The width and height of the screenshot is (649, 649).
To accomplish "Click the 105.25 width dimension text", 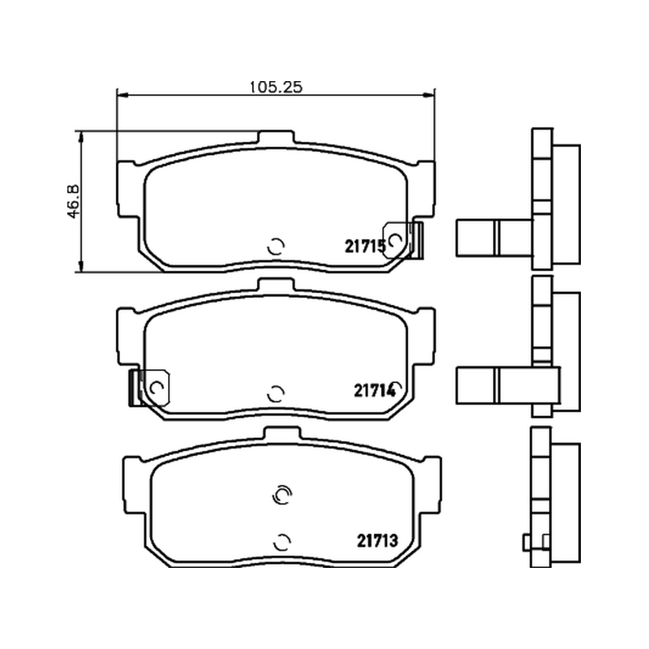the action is [276, 87].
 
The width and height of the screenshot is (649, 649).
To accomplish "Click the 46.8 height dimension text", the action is [73, 201].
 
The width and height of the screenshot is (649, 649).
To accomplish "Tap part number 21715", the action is [366, 247].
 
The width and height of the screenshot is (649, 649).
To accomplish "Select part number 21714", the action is [375, 390].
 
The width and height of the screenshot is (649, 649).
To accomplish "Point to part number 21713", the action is [377, 540].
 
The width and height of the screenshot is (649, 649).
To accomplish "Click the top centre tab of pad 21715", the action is [276, 138].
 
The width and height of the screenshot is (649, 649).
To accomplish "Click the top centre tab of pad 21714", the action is [276, 285].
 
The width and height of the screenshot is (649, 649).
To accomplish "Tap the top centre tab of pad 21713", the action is [282, 433].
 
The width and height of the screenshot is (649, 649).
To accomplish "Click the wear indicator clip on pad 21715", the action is [402, 240].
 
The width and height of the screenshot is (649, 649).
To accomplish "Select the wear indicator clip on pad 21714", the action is [149, 388].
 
